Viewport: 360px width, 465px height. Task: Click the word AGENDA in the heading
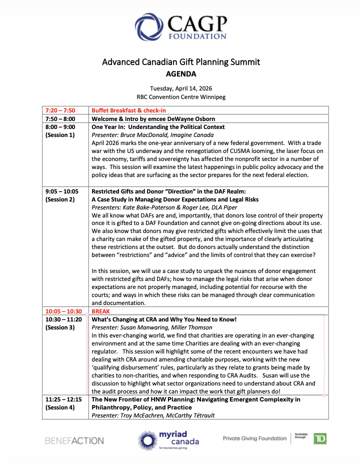coord(180,74)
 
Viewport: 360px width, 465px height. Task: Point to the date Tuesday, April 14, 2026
coord(180,88)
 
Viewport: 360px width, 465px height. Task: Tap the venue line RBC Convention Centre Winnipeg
coord(180,97)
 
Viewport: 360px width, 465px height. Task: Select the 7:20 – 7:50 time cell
coord(60,110)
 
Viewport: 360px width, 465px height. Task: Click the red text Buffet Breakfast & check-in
coord(128,110)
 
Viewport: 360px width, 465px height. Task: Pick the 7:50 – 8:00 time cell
coord(60,119)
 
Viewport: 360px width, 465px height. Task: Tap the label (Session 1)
coord(60,135)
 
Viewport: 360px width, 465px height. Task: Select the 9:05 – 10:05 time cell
coord(62,191)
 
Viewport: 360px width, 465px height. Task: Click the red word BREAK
coord(100,311)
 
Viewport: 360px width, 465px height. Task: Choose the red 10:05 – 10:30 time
coord(63,311)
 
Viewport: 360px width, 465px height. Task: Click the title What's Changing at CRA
coord(163,319)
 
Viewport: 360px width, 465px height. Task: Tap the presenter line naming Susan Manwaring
coord(152,327)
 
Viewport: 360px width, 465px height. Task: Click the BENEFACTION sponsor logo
coord(74,440)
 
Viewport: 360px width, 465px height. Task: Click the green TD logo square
coord(320,438)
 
